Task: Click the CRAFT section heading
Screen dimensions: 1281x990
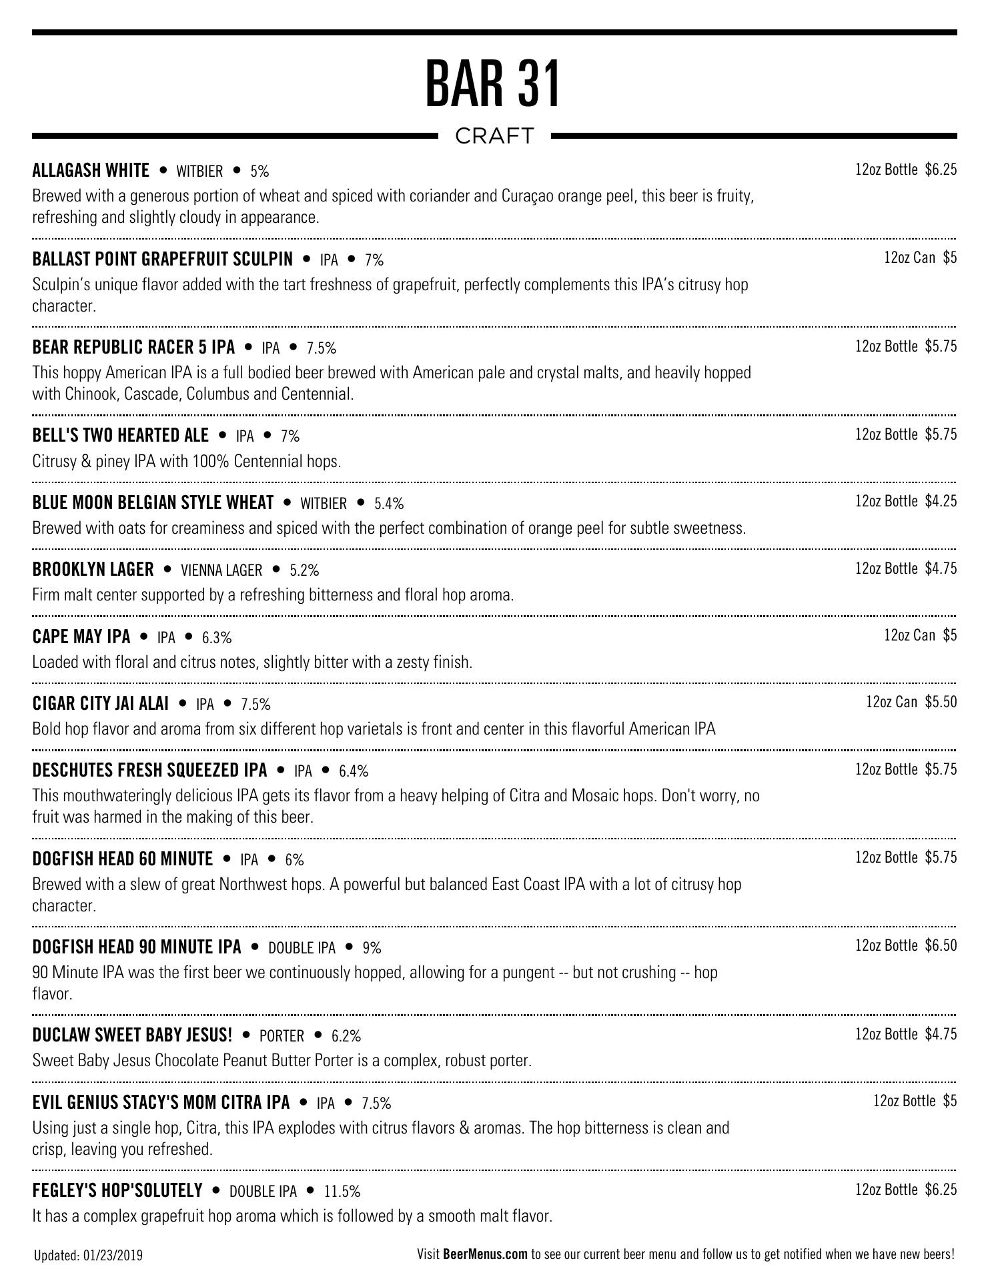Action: click(x=494, y=136)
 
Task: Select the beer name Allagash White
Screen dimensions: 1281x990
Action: click(x=91, y=171)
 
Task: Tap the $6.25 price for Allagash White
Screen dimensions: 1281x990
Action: click(x=941, y=169)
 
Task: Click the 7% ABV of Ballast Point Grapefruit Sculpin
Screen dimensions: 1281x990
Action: click(x=374, y=260)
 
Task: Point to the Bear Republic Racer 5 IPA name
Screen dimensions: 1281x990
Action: click(x=133, y=348)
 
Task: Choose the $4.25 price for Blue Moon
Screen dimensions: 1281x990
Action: click(x=941, y=501)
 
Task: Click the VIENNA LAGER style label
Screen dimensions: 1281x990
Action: click(x=221, y=570)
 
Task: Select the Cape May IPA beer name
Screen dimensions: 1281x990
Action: click(x=81, y=637)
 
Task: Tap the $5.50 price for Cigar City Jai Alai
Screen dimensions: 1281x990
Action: click(x=941, y=702)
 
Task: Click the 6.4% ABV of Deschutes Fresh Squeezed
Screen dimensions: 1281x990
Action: click(x=354, y=771)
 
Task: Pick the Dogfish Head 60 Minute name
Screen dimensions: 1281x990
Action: click(x=123, y=859)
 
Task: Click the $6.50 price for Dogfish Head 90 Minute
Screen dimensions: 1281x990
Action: click(x=941, y=945)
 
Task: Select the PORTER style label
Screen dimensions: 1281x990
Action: click(x=282, y=1036)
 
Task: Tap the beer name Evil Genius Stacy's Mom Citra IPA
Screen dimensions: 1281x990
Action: click(x=161, y=1103)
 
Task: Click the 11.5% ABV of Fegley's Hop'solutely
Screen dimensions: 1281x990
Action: click(x=342, y=1192)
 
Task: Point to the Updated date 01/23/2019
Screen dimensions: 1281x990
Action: click(x=113, y=1256)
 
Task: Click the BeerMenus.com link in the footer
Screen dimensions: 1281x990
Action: click(x=485, y=1254)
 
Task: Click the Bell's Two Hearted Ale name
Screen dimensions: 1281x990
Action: click(x=120, y=436)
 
